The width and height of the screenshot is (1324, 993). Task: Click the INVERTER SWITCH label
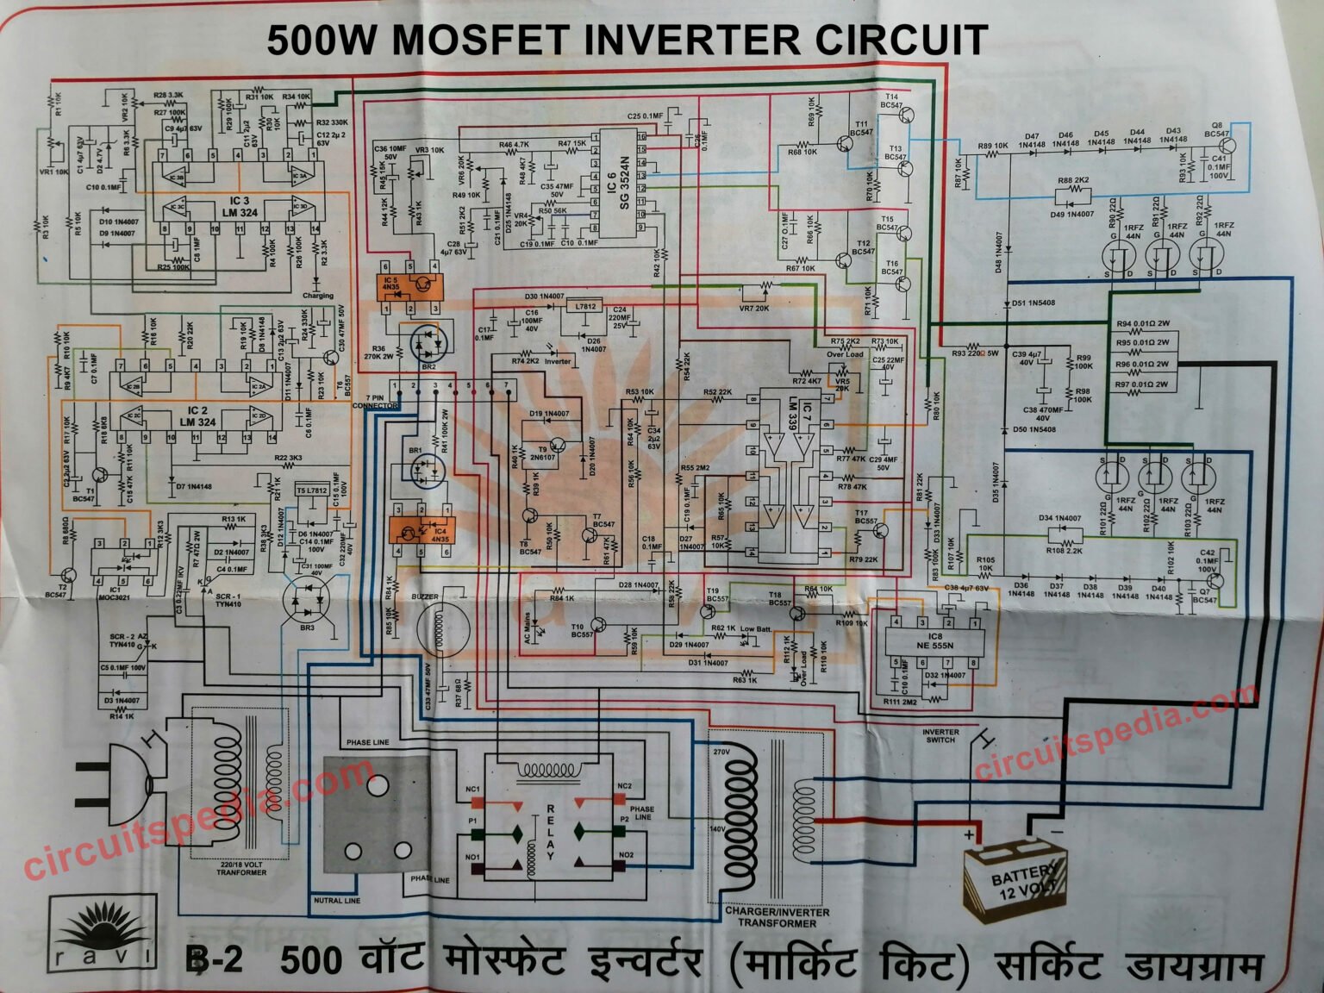click(x=940, y=735)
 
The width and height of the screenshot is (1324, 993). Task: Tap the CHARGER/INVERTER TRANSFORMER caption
click(x=777, y=917)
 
